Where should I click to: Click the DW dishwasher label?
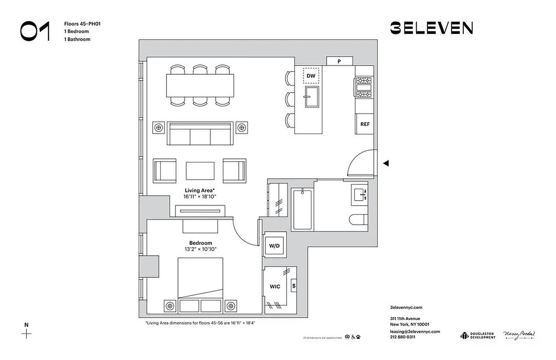click(x=311, y=76)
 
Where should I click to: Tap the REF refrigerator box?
click(x=364, y=124)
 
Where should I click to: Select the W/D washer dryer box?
click(x=274, y=246)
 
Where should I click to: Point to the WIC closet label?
click(x=275, y=287)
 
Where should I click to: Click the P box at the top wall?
click(x=339, y=61)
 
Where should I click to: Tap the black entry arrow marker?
click(x=386, y=163)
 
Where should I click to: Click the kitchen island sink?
click(x=311, y=97)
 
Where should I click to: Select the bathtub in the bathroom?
click(x=301, y=209)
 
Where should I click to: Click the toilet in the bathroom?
click(x=359, y=220)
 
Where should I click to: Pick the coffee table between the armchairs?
click(x=200, y=171)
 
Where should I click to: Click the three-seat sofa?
click(x=200, y=134)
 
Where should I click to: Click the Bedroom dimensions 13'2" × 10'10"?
click(x=200, y=249)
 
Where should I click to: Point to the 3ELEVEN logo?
click(x=431, y=28)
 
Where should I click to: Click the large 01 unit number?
click(x=35, y=31)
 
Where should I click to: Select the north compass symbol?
click(x=27, y=333)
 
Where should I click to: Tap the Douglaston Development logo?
click(x=477, y=335)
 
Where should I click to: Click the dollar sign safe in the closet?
click(x=294, y=285)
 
